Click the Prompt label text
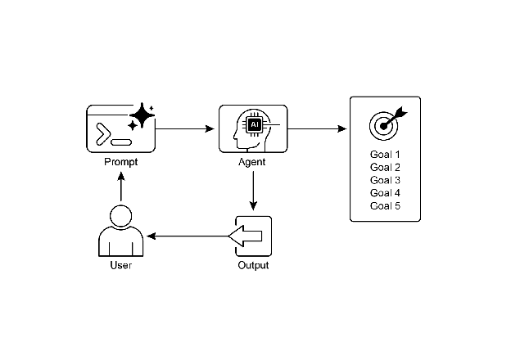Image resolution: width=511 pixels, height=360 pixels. point(121,161)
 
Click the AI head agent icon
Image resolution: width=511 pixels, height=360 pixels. point(253,128)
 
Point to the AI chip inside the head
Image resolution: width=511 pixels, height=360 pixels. point(255,124)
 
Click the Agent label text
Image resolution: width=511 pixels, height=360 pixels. point(253,162)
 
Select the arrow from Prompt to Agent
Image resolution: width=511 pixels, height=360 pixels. point(185,128)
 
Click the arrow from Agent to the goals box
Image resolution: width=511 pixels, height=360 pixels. point(318,128)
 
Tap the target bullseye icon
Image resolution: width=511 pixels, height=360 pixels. point(386,124)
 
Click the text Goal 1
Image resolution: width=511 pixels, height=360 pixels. point(386,155)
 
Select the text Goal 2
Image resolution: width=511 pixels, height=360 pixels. point(386,168)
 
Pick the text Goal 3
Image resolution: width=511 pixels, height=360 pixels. point(386,180)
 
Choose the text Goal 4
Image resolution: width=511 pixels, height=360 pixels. point(386,193)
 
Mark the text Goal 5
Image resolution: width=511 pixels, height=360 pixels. point(386,205)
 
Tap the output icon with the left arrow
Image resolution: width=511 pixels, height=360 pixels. point(253,236)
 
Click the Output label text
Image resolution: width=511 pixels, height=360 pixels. point(253,266)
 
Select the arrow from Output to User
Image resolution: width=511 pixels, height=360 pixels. point(188,236)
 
